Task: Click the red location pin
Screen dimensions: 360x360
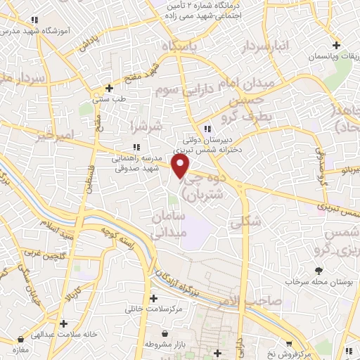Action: [181, 166]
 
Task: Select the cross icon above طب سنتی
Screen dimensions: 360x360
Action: [108, 88]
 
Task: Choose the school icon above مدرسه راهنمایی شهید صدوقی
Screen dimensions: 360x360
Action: [136, 147]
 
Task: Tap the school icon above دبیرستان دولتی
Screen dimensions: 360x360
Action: [206, 129]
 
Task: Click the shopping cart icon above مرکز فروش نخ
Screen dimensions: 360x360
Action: [347, 349]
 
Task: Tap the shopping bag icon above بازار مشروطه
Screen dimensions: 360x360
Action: [164, 334]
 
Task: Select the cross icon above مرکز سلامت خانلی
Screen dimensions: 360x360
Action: [153, 298]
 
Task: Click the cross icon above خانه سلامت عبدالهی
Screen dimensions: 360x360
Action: [64, 323]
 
